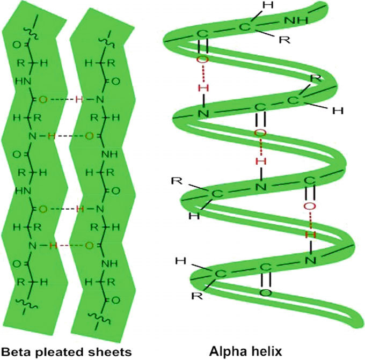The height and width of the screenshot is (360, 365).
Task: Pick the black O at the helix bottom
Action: [265, 293]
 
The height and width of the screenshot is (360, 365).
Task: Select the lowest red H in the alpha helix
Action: [315, 234]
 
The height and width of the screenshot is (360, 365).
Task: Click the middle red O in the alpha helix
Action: [260, 133]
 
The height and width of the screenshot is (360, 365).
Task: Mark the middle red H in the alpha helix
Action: [260, 160]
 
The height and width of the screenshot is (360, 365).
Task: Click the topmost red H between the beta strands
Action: [78, 99]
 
